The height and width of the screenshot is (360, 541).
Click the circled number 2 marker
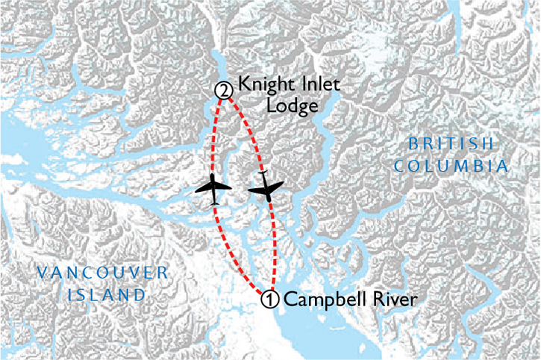tap(222, 90)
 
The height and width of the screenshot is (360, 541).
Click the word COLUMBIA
tap(452, 165)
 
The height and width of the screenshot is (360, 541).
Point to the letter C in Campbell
tap(290, 300)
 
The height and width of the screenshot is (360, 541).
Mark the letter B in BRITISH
tap(413, 143)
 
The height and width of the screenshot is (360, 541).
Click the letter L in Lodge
tap(241, 105)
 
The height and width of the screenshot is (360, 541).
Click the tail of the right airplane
tap(262, 174)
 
